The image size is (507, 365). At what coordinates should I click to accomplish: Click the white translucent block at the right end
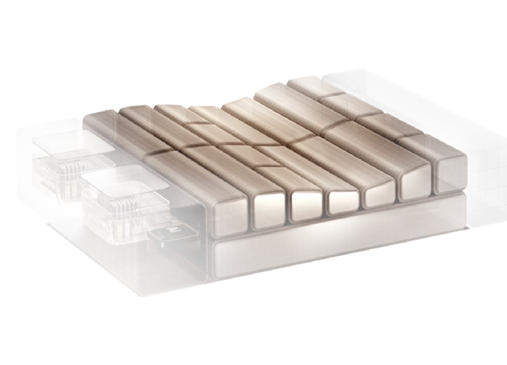[x=479, y=155]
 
